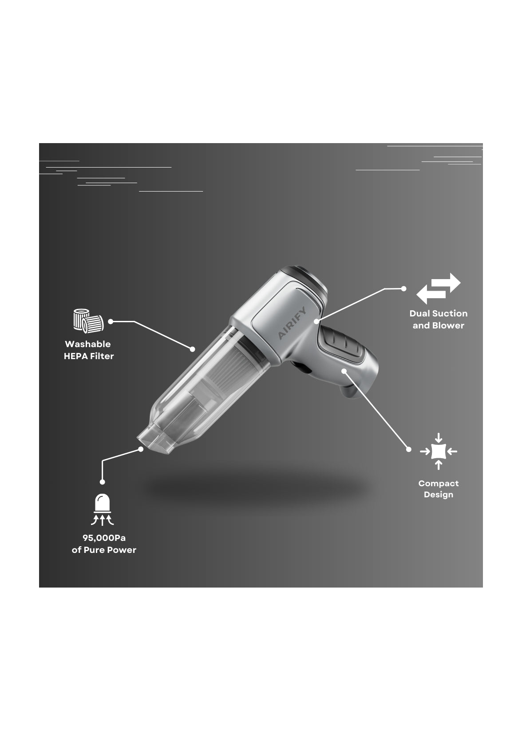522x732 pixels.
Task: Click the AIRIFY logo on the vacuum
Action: pyautogui.click(x=292, y=323)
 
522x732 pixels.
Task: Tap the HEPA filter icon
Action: pyautogui.click(x=88, y=321)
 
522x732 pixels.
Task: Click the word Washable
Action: pyautogui.click(x=88, y=344)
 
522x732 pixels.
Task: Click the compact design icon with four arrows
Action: pyautogui.click(x=439, y=451)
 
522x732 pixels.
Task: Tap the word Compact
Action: pyautogui.click(x=439, y=483)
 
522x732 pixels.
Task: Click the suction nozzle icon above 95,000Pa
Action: pyautogui.click(x=103, y=509)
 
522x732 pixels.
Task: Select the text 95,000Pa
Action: pyautogui.click(x=104, y=538)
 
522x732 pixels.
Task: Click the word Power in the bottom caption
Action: pyautogui.click(x=123, y=550)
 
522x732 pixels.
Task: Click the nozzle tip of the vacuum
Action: pyautogui.click(x=154, y=443)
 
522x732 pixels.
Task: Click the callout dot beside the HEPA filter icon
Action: pyautogui.click(x=111, y=322)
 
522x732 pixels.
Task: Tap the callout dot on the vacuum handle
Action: pyautogui.click(x=344, y=371)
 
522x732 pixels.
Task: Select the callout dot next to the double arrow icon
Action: pyautogui.click(x=404, y=288)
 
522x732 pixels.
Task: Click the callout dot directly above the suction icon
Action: pyautogui.click(x=102, y=482)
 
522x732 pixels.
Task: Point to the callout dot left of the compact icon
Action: pyautogui.click(x=409, y=450)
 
